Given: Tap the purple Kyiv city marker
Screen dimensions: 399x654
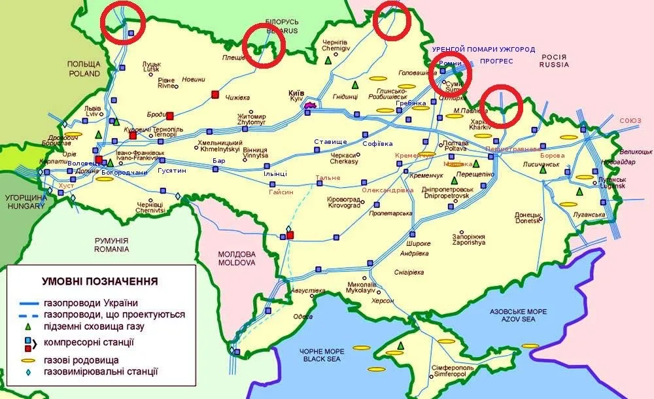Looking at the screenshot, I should pos(310,104).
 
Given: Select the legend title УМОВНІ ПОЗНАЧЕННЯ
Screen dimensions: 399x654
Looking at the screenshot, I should pos(99,282).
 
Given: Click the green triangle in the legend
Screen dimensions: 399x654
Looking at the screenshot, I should pos(28,326).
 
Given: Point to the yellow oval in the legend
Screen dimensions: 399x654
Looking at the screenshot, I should pos(28,360).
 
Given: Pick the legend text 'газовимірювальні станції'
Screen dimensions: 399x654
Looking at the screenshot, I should pos(101,372).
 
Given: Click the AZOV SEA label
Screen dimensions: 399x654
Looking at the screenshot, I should pos(513,321).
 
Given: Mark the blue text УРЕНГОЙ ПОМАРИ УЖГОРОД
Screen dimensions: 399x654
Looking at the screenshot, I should pos(483,50).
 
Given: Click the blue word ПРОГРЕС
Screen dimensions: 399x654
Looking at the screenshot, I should pos(496,61).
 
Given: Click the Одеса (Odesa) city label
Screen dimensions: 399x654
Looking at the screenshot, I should pos(302,316).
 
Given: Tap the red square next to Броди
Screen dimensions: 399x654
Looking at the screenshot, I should pos(170,116).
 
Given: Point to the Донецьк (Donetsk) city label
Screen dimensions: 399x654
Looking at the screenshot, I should pos(527,217).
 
